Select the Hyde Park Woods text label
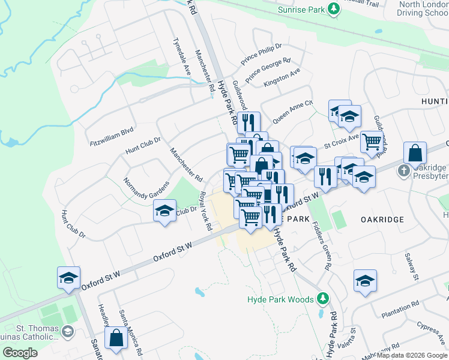pyautogui.click(x=280, y=299)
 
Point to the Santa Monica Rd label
pyautogui.click(x=130, y=329)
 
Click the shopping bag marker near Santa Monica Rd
pyautogui.click(x=116, y=338)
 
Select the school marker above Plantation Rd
pyautogui.click(x=365, y=281)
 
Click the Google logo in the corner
pyautogui.click(x=20, y=353)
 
